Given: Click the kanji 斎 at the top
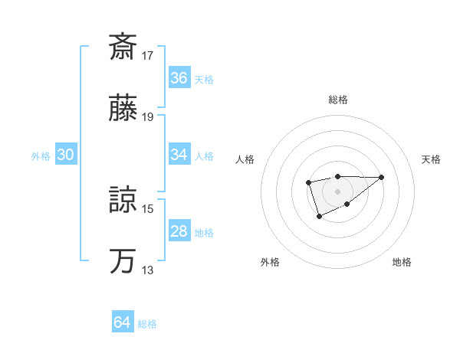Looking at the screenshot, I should [x=123, y=47].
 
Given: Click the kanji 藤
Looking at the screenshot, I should [x=123, y=110].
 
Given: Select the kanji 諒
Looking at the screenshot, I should [x=123, y=201].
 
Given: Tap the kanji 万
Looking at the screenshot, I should [x=123, y=262].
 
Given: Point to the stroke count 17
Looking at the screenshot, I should [x=148, y=55].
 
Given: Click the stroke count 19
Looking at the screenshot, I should [x=148, y=117].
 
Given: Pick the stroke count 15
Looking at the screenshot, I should [x=148, y=208].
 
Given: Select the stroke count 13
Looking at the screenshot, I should [x=148, y=270].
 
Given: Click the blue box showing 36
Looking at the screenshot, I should [x=179, y=78].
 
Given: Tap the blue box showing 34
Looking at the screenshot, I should [x=179, y=155].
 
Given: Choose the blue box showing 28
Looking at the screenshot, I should [x=179, y=231].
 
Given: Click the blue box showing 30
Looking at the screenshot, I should [x=66, y=155].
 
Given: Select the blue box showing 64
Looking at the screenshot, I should [x=123, y=322].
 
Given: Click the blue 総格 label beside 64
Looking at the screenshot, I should [x=147, y=324].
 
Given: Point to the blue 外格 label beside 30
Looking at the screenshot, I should [x=41, y=156].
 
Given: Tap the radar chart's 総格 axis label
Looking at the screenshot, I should [x=337, y=100].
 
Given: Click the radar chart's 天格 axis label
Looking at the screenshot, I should [x=432, y=159].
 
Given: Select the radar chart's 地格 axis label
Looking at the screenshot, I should [x=402, y=262].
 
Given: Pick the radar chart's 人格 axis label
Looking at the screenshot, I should [x=245, y=159].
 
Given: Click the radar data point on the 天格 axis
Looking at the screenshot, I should [x=381, y=177].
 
